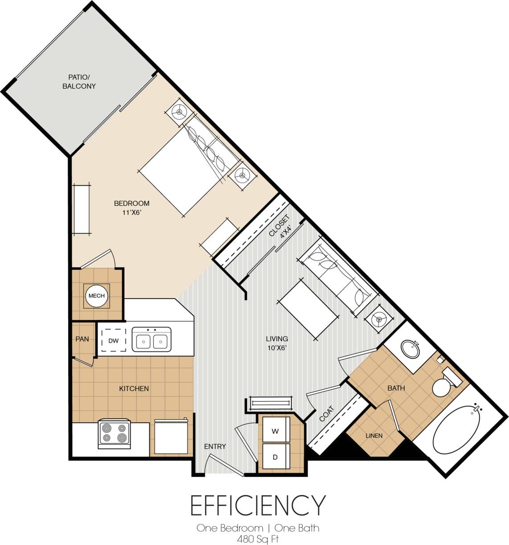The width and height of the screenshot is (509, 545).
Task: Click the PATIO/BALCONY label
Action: [79, 82]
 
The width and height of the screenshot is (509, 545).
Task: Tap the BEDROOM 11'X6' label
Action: [131, 208]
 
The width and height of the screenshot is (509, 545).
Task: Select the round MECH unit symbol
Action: [97, 296]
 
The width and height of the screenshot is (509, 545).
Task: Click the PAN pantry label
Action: [82, 339]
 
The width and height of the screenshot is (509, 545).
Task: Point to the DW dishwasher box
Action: [114, 341]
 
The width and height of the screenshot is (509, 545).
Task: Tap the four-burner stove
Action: [114, 433]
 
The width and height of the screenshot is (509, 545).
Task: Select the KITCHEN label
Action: [134, 388]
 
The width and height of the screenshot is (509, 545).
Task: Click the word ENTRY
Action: [215, 446]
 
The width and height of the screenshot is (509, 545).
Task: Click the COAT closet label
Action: [326, 414]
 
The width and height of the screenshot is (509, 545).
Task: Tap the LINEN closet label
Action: [374, 436]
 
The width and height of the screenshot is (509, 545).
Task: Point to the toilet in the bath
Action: [443, 385]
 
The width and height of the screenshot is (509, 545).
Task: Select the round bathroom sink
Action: [410, 349]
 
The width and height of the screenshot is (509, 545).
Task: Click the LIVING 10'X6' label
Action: [277, 343]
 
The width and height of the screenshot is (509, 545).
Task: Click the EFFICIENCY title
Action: [258, 505]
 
